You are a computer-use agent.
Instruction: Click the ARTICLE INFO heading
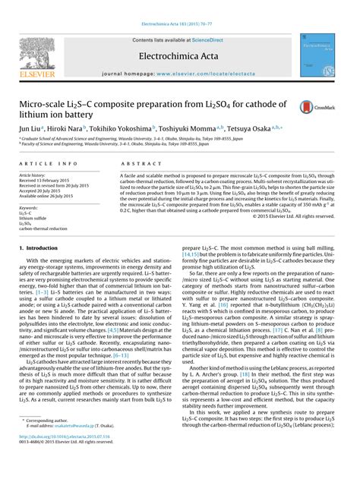tap(46, 163)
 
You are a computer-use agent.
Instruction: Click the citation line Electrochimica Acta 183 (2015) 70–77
tap(179, 5)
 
